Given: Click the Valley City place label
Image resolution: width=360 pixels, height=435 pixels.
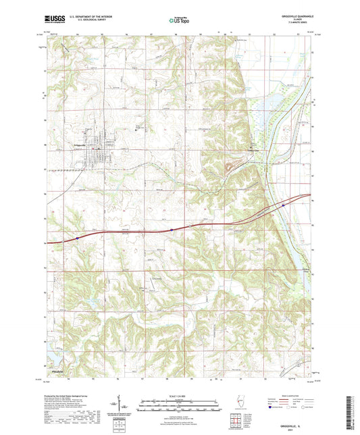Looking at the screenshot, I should pos(254,150).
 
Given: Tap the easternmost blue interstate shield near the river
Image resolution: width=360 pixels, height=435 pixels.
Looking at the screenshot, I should pos(284,200).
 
